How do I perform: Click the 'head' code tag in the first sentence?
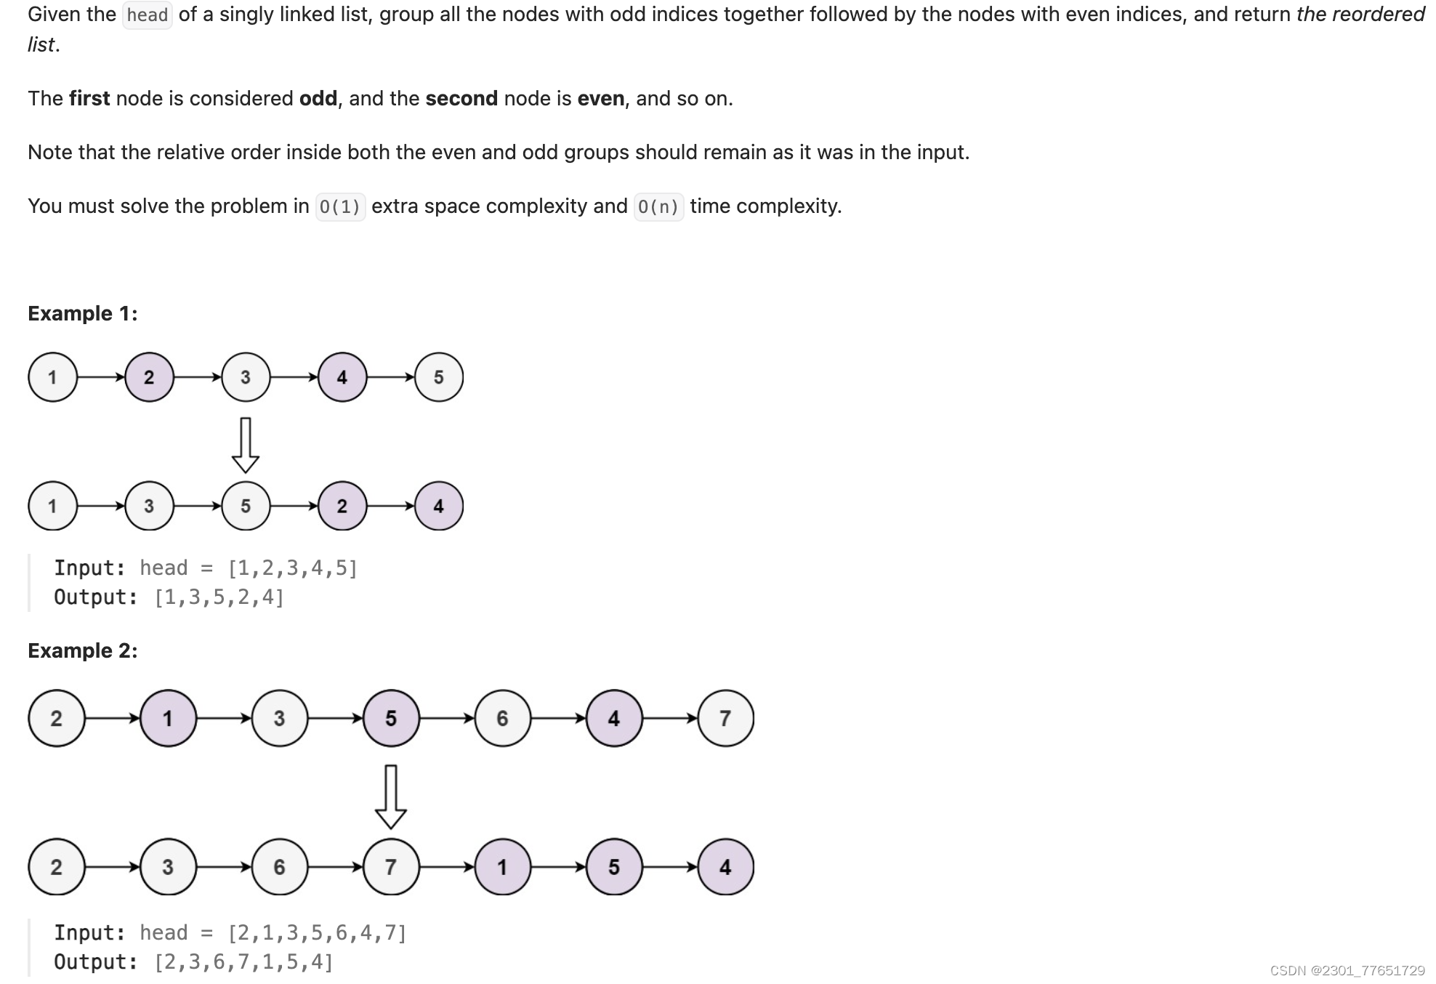point(148,15)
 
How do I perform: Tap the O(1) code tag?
point(340,207)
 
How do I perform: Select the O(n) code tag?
point(658,207)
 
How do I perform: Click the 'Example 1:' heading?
point(83,313)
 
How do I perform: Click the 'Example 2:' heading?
point(83,650)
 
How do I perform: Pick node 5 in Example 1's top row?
point(439,377)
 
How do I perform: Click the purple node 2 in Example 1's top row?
point(149,377)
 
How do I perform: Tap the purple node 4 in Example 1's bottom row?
point(439,506)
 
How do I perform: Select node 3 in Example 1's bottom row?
point(149,506)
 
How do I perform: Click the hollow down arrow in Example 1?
point(246,445)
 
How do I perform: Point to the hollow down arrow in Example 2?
point(390,797)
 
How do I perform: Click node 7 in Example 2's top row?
point(725,719)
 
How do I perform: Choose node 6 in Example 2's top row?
point(502,719)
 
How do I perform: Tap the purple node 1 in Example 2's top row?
point(168,719)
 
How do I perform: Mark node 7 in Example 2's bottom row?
point(391,867)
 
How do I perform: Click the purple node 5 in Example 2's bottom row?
point(614,867)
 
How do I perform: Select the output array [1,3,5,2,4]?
point(219,597)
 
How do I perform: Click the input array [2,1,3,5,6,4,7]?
point(317,933)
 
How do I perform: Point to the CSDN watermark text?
point(1347,971)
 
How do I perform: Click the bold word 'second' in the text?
point(461,99)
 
